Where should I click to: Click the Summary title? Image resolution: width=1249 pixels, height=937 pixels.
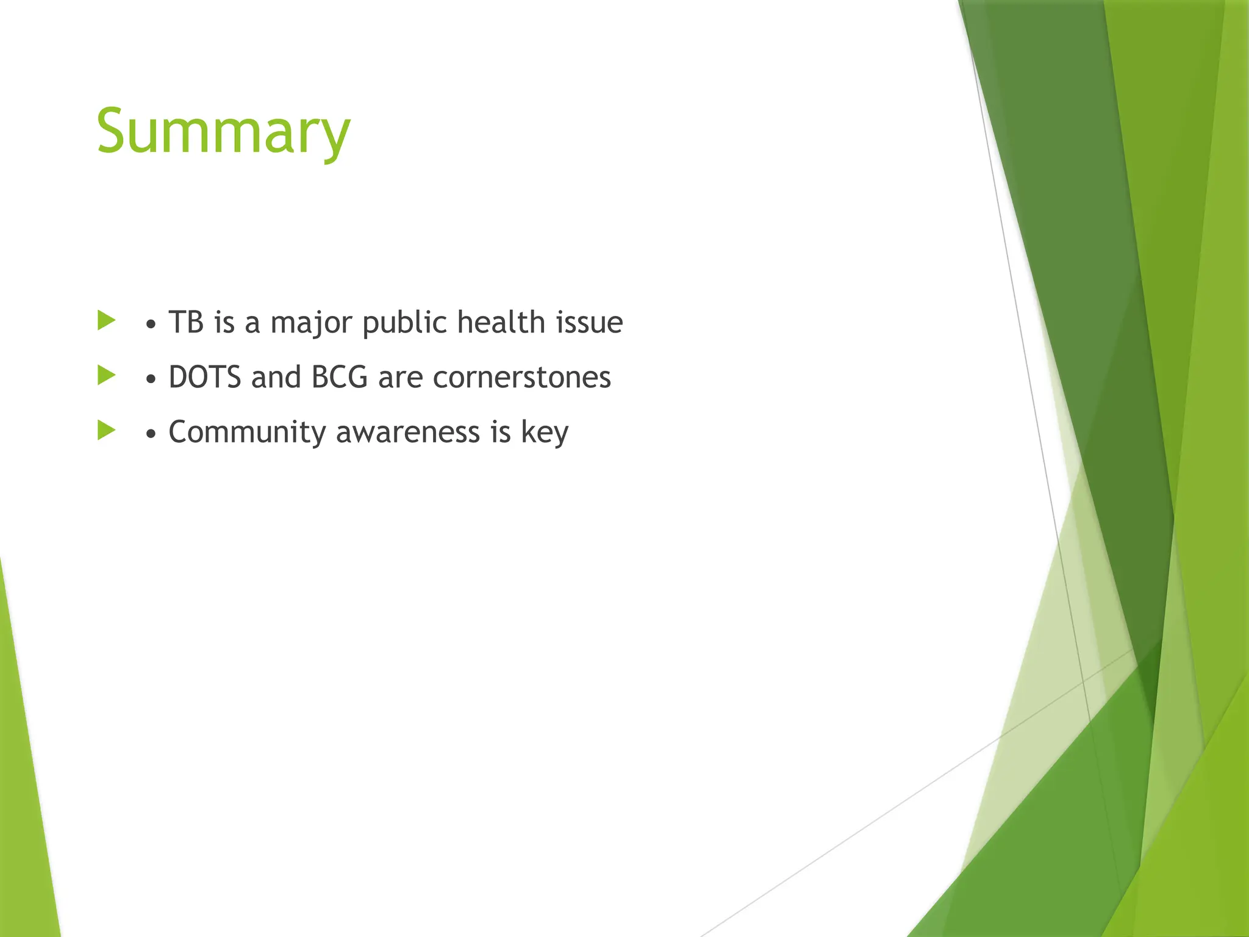pyautogui.click(x=223, y=131)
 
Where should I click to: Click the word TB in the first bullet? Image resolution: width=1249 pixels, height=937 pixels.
pyautogui.click(x=186, y=322)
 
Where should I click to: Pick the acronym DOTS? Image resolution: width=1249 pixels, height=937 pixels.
pyautogui.click(x=205, y=377)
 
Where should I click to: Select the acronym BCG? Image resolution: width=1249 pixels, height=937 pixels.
pyautogui.click(x=340, y=377)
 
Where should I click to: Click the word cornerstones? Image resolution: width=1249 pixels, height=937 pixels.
pyautogui.click(x=522, y=377)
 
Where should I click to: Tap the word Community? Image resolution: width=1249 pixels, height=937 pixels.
pyautogui.click(x=248, y=433)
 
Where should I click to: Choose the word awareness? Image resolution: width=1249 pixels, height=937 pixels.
pyautogui.click(x=408, y=433)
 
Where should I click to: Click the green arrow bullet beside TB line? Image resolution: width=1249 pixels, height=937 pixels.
pyautogui.click(x=106, y=320)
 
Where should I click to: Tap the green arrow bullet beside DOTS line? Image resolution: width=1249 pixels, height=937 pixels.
pyautogui.click(x=106, y=375)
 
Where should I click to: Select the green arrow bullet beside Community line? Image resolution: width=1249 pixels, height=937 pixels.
pyautogui.click(x=106, y=430)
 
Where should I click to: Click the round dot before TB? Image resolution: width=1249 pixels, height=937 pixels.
pyautogui.click(x=151, y=325)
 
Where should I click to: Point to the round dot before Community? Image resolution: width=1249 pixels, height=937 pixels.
pyautogui.click(x=151, y=434)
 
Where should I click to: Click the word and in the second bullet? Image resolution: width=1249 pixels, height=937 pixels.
pyautogui.click(x=276, y=377)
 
